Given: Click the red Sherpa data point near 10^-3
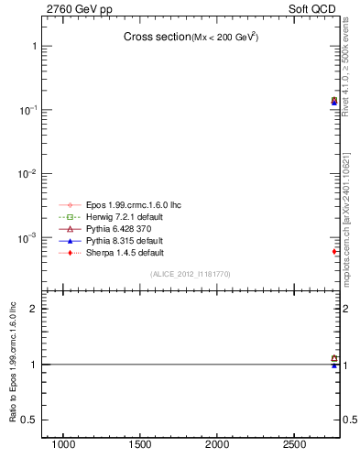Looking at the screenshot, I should (334, 251).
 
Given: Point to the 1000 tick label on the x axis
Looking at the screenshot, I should (63, 444).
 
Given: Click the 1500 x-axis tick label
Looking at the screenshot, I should (140, 444).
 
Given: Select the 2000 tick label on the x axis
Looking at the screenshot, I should (217, 444).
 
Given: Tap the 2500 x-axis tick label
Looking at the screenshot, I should (294, 444).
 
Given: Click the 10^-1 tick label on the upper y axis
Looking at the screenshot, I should (28, 110).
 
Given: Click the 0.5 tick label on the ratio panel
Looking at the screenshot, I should (29, 420).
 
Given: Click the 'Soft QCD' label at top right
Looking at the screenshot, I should (314, 8).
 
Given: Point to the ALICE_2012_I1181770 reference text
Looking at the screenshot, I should (190, 274).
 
